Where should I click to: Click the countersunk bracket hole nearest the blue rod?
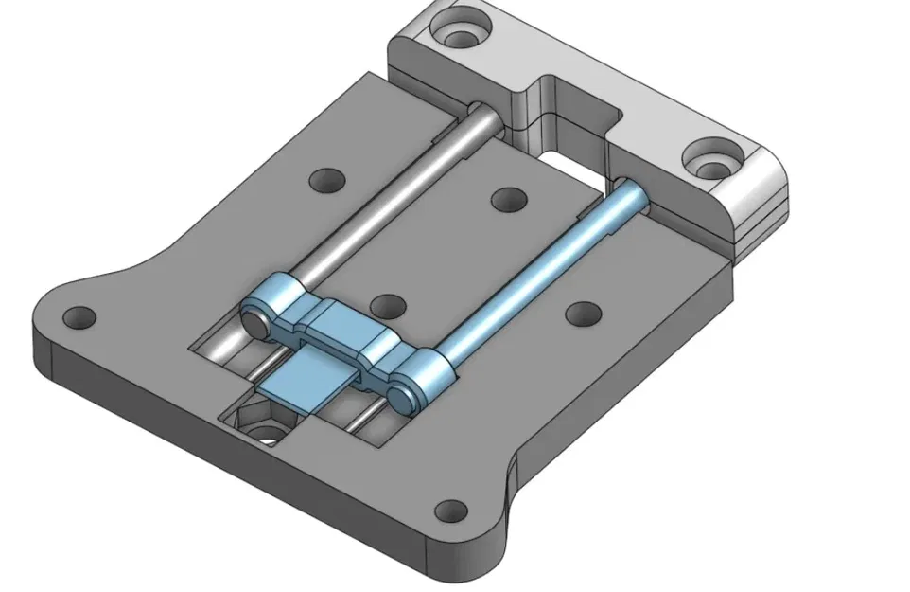(x=712, y=159)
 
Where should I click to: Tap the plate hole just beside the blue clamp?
(x=387, y=305)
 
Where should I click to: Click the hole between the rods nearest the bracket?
(x=509, y=199)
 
